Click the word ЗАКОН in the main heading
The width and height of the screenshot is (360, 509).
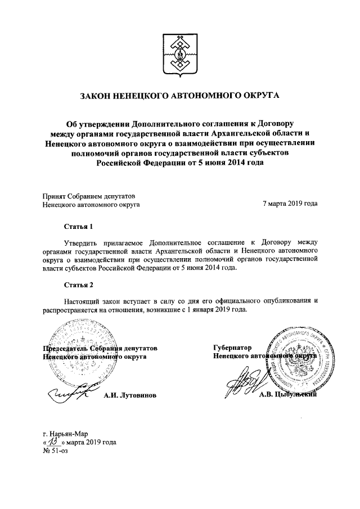[98, 98]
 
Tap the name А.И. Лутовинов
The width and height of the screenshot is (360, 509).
[130, 395]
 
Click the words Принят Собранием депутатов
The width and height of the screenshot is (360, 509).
[89, 196]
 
